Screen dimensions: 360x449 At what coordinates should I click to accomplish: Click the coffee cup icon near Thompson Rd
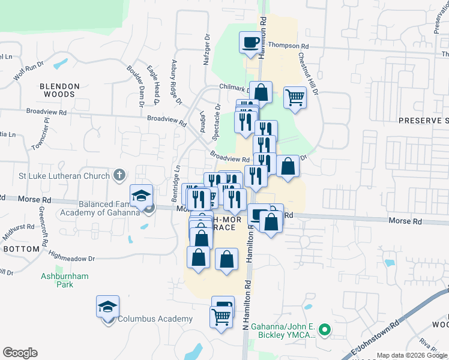[x=251, y=43]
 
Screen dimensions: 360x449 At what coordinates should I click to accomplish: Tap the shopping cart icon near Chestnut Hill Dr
[x=295, y=97]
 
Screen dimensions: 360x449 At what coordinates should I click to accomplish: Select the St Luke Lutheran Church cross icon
[x=119, y=176]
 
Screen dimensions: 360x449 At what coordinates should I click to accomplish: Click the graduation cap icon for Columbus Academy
[x=108, y=307]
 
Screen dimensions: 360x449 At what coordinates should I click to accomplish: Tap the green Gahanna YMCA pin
[x=325, y=329]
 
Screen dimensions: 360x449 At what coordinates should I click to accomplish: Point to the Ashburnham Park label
[x=65, y=280]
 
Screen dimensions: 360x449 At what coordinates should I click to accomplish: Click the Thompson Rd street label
[x=288, y=46]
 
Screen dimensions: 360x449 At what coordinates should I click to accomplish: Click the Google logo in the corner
[x=20, y=353]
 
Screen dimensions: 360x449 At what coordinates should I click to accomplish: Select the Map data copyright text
[x=412, y=355]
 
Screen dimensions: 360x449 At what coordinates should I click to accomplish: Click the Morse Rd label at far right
[x=405, y=221]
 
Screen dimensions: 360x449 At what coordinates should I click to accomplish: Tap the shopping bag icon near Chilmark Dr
[x=261, y=93]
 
